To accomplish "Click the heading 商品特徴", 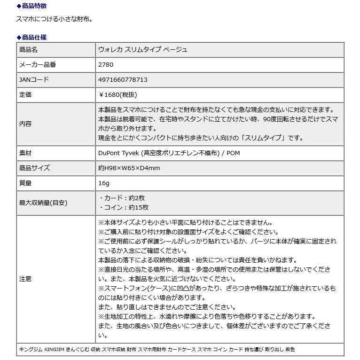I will (34, 6).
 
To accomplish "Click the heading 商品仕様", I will (34, 37).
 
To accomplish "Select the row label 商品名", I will (28, 50).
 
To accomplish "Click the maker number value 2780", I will (105, 65).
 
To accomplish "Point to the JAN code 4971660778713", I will (122, 80).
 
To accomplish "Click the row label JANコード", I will (34, 80).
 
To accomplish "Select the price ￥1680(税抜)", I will (117, 95).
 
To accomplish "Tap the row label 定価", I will (25, 95).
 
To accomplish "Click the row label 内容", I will (25, 124).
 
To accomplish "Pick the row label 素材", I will (25, 153).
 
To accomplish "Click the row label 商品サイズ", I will (34, 168).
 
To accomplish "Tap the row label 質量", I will (25, 183).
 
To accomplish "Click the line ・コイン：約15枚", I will (123, 207).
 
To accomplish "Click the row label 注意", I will (25, 279).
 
